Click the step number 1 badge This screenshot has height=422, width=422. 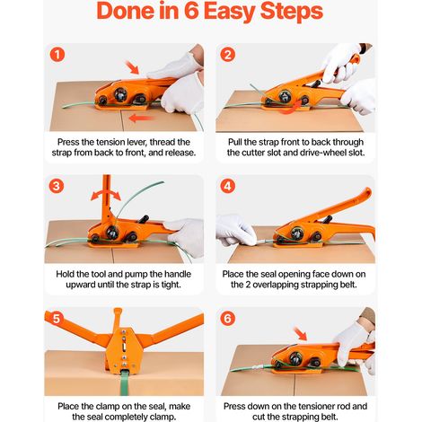click(x=57, y=55)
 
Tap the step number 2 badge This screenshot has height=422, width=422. click(x=228, y=55)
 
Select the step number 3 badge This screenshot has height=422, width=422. click(x=57, y=186)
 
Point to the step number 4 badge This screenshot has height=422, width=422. click(x=228, y=186)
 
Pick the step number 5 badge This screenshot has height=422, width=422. click(x=57, y=319)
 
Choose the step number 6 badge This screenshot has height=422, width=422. click(x=228, y=319)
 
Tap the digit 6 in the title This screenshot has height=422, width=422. click(x=190, y=11)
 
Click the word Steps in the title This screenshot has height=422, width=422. click(x=292, y=12)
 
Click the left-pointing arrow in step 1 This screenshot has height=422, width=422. click(x=142, y=118)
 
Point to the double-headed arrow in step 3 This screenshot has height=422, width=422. click(x=106, y=195)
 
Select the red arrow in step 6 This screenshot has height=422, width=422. click(x=300, y=334)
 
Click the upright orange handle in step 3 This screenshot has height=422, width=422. click(x=106, y=198)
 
